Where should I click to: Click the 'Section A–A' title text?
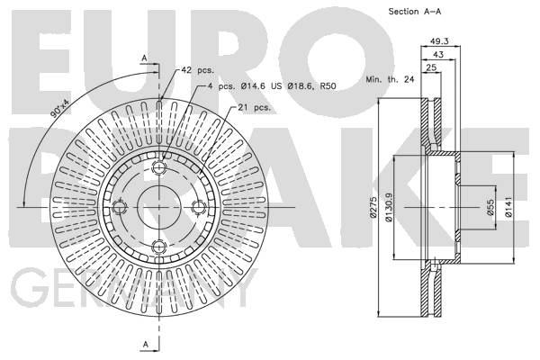point(389,11)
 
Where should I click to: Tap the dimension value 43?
point(437,54)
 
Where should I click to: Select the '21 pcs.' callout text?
point(255,107)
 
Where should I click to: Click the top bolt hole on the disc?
point(159,167)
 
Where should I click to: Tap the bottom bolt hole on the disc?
point(159,246)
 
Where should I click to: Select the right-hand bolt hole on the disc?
point(199,207)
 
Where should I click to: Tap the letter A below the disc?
point(144,345)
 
